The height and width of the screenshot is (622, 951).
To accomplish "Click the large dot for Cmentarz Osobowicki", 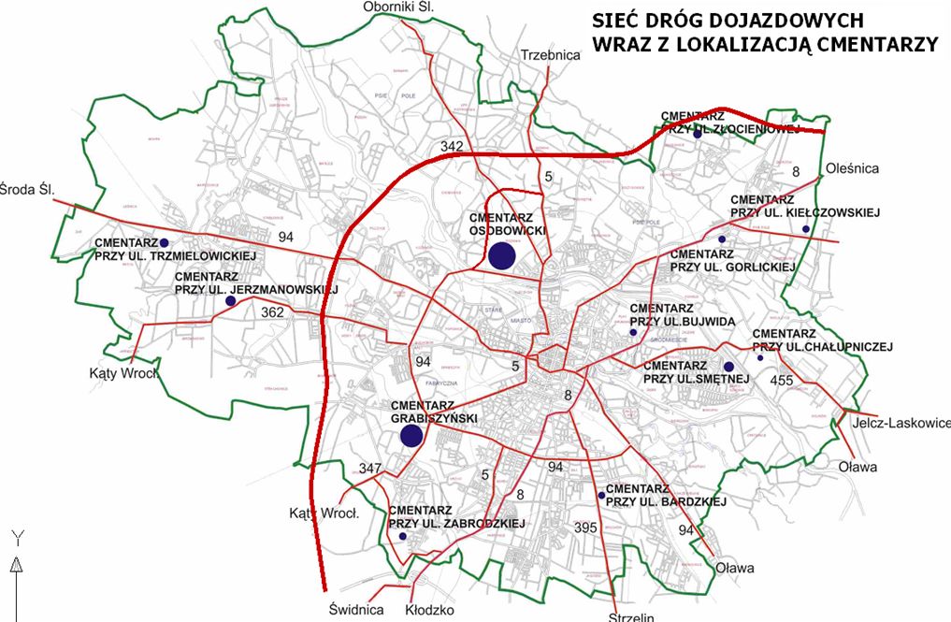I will pyautogui.click(x=502, y=254).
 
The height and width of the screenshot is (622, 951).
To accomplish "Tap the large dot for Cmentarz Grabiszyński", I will pyautogui.click(x=411, y=436).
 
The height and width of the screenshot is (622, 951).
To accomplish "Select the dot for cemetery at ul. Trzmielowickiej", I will pyautogui.click(x=164, y=242).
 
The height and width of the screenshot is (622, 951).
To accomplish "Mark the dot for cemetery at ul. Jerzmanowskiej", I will pyautogui.click(x=230, y=301).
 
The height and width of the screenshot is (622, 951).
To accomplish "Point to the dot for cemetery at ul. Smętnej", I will pyautogui.click(x=728, y=366).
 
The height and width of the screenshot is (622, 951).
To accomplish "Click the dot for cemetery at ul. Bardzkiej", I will pyautogui.click(x=600, y=495).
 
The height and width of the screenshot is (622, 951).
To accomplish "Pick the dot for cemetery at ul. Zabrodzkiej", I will pyautogui.click(x=402, y=537).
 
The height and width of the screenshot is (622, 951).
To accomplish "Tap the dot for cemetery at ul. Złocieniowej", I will pyautogui.click(x=698, y=134).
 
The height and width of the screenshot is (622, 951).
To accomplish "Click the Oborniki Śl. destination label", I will pyautogui.click(x=401, y=8).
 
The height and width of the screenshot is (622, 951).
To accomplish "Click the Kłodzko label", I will pyautogui.click(x=429, y=610).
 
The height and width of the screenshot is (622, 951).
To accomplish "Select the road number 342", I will pyautogui.click(x=452, y=147).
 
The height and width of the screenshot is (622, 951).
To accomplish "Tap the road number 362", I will pyautogui.click(x=272, y=311).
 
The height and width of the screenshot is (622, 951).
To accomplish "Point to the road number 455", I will pyautogui.click(x=781, y=381).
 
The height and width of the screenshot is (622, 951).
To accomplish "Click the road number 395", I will pyautogui.click(x=585, y=528).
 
